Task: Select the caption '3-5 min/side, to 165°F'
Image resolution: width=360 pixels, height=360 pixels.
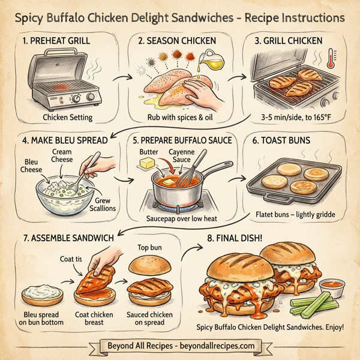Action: click(293, 116)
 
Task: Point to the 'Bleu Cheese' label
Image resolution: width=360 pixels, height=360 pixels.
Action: click(31, 166)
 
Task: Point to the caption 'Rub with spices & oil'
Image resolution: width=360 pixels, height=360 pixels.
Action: click(179, 116)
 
